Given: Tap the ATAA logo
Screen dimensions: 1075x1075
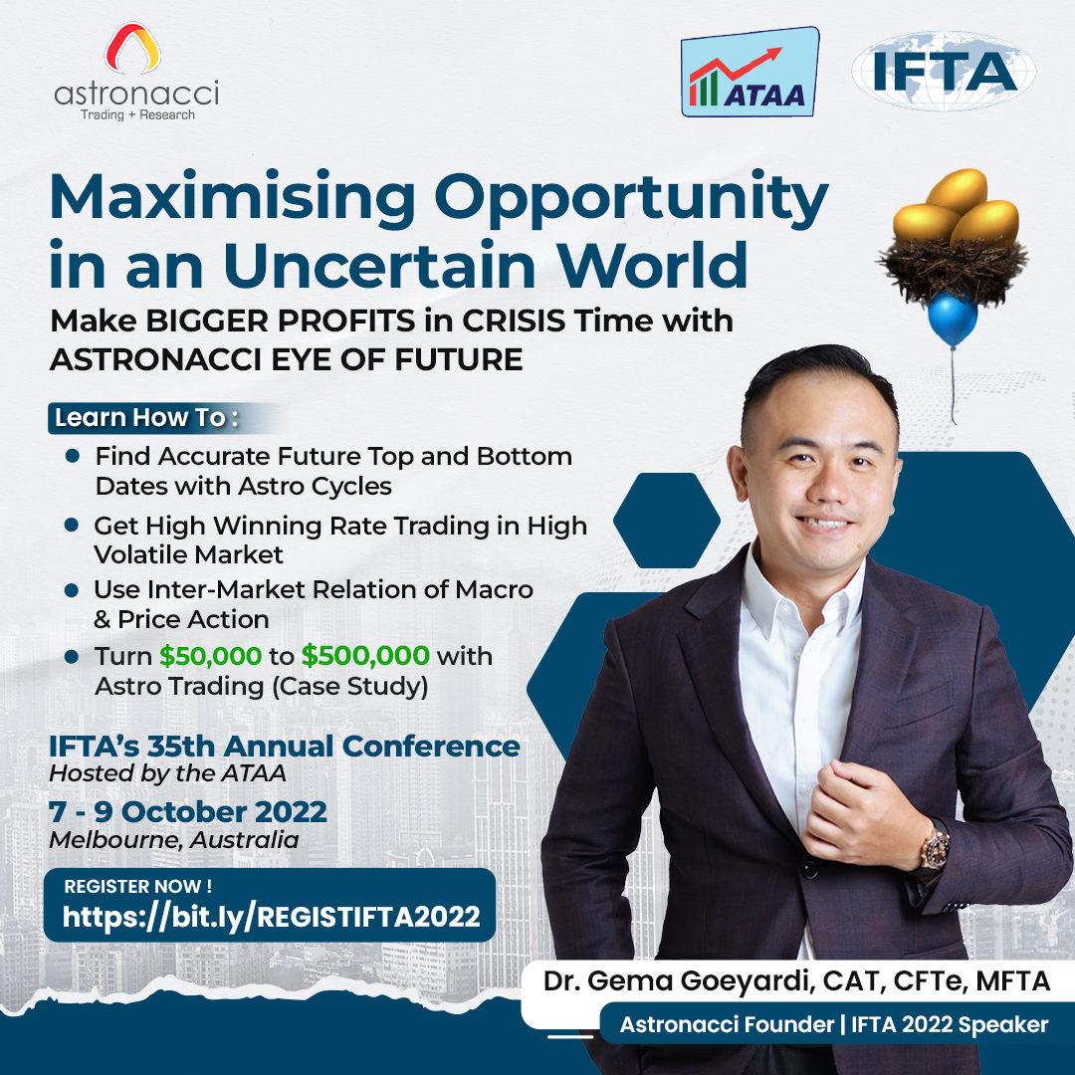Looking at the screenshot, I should [749, 73].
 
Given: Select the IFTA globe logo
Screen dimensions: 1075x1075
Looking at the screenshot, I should [943, 70].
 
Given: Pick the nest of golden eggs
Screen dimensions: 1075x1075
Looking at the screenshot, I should [952, 239].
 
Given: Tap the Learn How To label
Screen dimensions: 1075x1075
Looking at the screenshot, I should [145, 418].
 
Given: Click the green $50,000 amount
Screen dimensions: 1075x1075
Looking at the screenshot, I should [209, 657].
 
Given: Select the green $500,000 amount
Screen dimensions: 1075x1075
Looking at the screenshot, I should [365, 657].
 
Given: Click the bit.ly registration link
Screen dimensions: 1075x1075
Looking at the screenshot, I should [271, 917].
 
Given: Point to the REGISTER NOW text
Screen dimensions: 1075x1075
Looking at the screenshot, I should [137, 886].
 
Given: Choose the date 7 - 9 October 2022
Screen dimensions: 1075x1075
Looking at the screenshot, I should [188, 811].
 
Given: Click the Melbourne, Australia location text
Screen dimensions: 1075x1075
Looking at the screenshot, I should [173, 840].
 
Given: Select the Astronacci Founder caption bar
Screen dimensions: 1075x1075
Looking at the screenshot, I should [833, 1024].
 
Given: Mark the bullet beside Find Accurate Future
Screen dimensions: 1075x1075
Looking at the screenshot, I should [72, 457].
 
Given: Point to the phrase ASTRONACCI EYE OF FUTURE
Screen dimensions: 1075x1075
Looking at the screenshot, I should [286, 359].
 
